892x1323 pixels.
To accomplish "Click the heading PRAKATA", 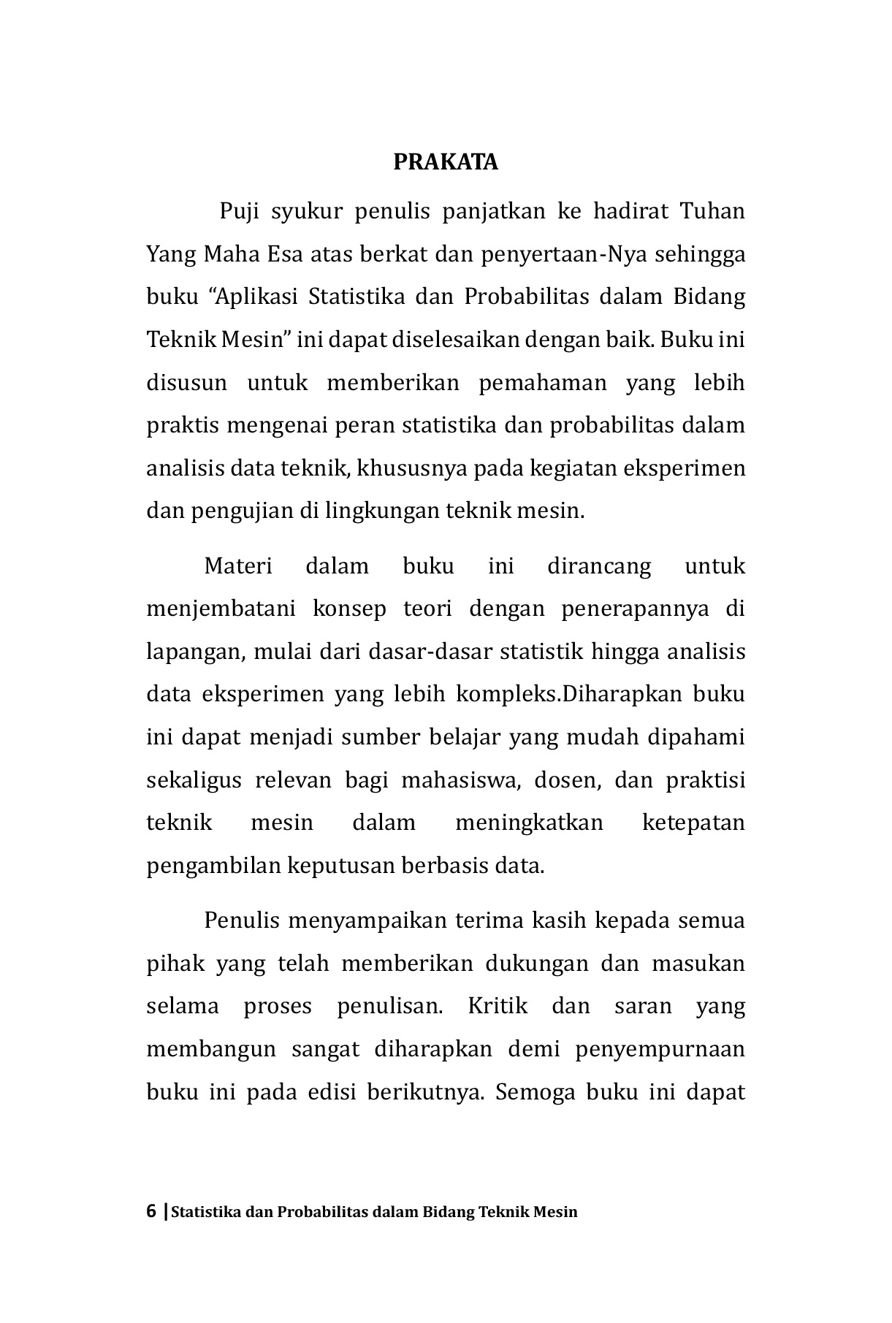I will pos(446,162).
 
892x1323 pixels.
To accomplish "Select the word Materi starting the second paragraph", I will pos(238,566).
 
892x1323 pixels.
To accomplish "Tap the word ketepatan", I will pos(693,823).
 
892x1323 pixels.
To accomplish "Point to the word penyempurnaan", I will pos(660,1049).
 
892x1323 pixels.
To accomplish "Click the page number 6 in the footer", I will pos(151,1212).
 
